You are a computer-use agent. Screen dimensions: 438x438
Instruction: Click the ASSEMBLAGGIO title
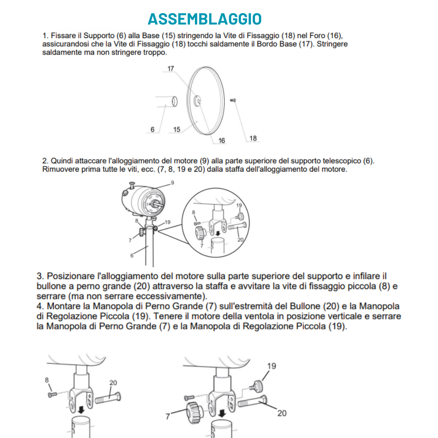[205, 19]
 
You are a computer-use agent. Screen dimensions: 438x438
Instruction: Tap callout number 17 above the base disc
[171, 69]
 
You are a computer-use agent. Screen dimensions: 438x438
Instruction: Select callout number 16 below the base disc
[222, 140]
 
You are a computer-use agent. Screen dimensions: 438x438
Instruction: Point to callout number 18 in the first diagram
[253, 138]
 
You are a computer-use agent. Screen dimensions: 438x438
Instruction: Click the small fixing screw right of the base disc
[233, 100]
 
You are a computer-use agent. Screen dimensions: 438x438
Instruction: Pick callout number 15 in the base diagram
[177, 129]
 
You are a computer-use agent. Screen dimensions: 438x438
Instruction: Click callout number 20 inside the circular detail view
[240, 239]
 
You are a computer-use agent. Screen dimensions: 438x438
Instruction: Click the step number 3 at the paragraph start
[39, 276]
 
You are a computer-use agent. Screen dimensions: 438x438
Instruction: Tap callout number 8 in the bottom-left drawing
[46, 380]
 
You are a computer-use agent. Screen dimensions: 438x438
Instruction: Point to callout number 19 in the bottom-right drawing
[272, 366]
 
